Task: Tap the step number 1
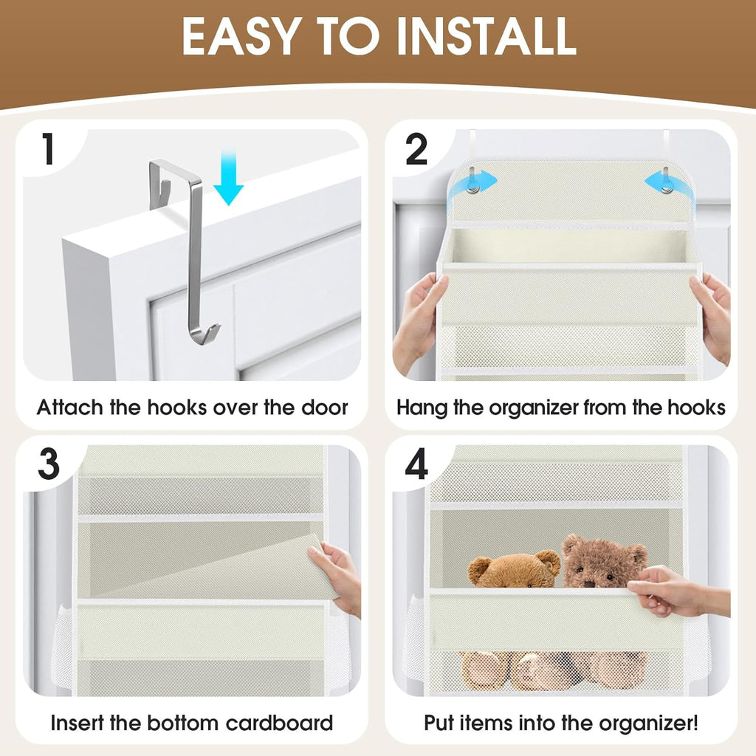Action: pos(48,149)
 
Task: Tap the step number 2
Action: pos(417,150)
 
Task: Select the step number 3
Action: pos(49,464)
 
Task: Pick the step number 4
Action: pos(417,464)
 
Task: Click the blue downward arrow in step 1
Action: pos(228,178)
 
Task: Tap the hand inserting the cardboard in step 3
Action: pos(338,572)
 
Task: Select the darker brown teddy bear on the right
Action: pos(602,562)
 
